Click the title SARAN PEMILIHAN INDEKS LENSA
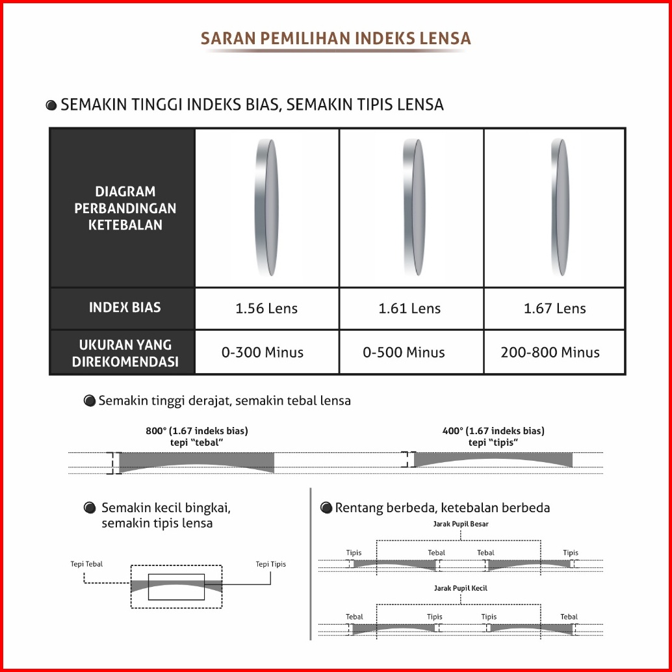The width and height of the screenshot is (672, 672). pos(335,38)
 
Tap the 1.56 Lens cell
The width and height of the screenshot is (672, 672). pos(266,308)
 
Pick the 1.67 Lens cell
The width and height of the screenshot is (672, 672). pos(554,308)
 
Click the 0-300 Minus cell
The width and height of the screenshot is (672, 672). pos(263,352)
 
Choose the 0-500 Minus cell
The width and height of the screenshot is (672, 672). pos(404,352)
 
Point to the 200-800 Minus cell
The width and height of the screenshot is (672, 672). pos(550,352)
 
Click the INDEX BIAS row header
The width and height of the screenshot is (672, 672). pos(125,307)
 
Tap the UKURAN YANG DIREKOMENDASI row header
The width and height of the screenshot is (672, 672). pos(125,353)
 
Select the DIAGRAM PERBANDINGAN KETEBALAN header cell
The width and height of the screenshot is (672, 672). pos(125,208)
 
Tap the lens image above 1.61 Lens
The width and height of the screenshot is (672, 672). pos(411,207)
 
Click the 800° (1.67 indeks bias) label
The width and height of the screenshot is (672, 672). pos(197,430)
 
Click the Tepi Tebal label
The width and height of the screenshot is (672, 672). pos(86,564)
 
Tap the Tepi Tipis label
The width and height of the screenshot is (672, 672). pos(270,564)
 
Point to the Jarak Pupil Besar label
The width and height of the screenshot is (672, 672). pos(461,523)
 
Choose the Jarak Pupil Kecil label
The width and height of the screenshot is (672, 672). pos(460,588)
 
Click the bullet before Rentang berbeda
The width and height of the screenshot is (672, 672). pos(326,508)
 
